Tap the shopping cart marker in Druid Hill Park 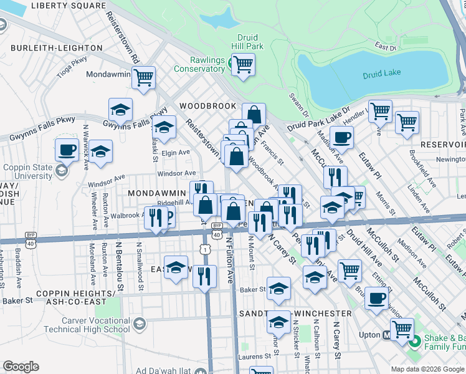click(x=243, y=63)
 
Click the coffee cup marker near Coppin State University click(x=67, y=150)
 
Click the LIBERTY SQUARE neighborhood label click(x=68, y=5)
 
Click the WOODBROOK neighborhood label click(x=208, y=106)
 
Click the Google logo click(x=21, y=367)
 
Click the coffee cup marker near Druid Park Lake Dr click(x=341, y=137)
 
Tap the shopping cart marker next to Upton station click(x=402, y=328)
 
